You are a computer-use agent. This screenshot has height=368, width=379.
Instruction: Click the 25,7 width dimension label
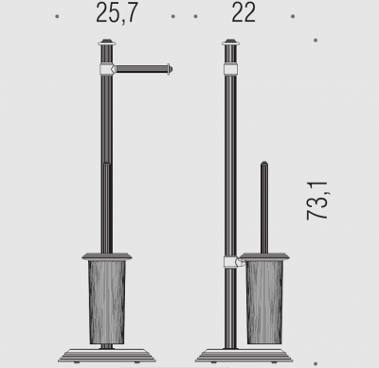point(117,13)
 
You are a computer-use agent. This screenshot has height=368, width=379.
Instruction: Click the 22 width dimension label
point(244,12)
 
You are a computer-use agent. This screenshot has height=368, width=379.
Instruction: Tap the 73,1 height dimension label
point(317,201)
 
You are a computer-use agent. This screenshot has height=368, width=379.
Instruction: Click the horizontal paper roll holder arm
point(141,69)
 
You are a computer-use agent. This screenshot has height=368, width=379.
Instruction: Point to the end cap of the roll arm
point(170,69)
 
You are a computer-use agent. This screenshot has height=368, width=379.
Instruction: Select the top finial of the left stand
point(107,43)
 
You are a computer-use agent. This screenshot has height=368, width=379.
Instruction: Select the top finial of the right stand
point(231,43)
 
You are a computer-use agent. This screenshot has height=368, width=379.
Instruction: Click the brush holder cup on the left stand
point(107,302)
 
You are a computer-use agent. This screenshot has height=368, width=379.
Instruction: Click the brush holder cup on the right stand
point(264,302)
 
